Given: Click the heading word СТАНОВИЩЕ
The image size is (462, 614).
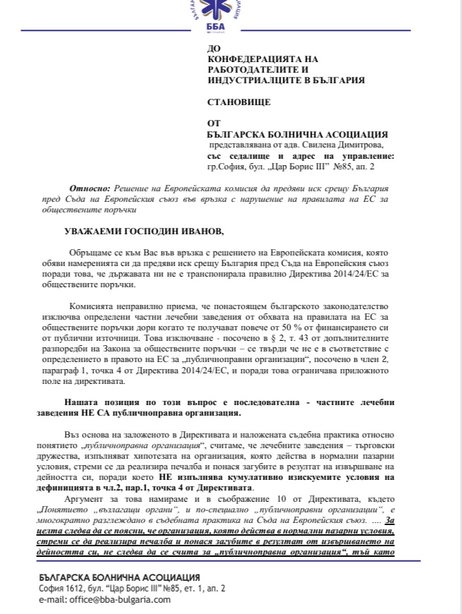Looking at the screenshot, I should (239, 102).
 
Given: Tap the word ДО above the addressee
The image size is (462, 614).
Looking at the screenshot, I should (215, 49).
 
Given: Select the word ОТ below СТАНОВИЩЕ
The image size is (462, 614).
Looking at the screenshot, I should (214, 122).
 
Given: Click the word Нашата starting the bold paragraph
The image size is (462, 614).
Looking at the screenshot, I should (87, 402).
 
